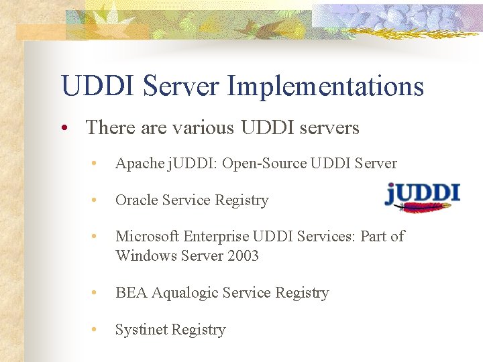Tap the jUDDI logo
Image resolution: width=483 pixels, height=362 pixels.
click(x=422, y=194)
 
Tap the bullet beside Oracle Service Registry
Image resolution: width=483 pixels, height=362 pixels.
click(x=97, y=200)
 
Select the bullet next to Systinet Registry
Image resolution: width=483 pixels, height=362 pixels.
click(x=97, y=330)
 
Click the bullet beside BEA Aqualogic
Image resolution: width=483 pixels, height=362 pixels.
click(x=97, y=293)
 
